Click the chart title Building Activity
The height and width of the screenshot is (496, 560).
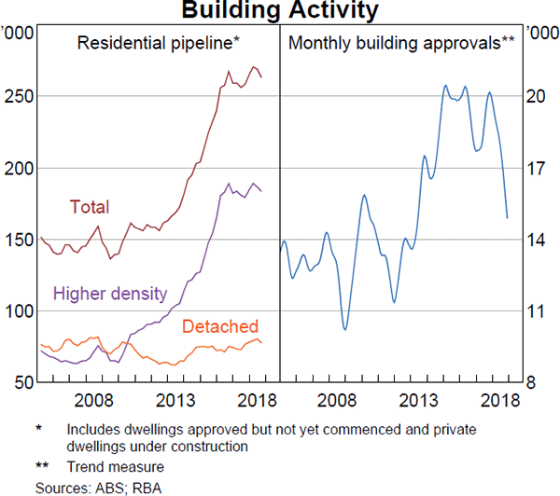280,10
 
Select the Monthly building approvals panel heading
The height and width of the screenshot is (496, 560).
402,43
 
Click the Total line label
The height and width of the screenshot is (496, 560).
90,207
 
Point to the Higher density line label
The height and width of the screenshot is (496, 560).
110,294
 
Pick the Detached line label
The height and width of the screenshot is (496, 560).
219,326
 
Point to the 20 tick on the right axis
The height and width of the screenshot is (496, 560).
536,97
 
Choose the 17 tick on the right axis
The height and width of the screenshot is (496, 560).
536,169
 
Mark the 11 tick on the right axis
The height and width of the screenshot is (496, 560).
536,310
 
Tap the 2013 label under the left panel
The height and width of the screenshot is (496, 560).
175,401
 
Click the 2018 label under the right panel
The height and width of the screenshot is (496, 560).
498,401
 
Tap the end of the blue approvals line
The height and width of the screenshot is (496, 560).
507,218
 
